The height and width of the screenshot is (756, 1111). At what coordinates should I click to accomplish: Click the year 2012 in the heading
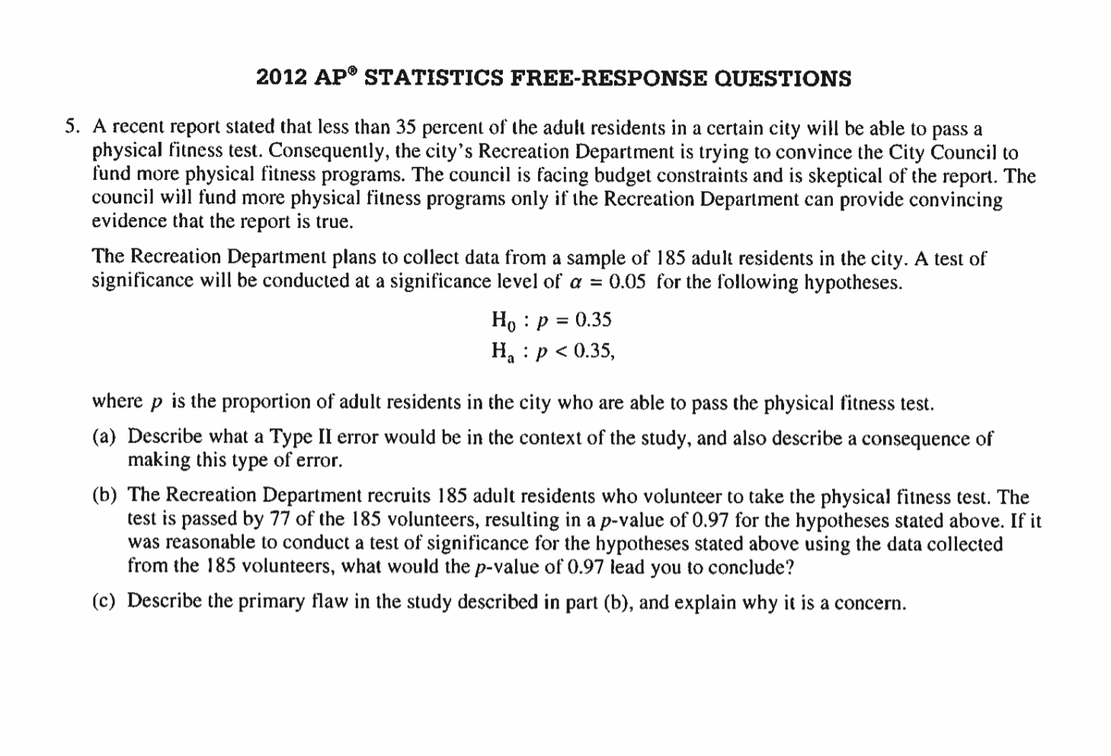pyautogui.click(x=282, y=78)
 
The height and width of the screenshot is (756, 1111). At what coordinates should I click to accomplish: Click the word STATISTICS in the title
pyautogui.click(x=434, y=78)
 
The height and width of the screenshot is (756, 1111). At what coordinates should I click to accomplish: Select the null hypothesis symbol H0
pyautogui.click(x=504, y=320)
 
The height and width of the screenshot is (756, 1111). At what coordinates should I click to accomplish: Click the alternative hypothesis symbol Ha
pyautogui.click(x=504, y=351)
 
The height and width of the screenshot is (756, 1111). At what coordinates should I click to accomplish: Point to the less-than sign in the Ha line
pyautogui.click(x=562, y=351)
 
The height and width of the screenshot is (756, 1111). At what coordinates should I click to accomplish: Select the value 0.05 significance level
pyautogui.click(x=627, y=281)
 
